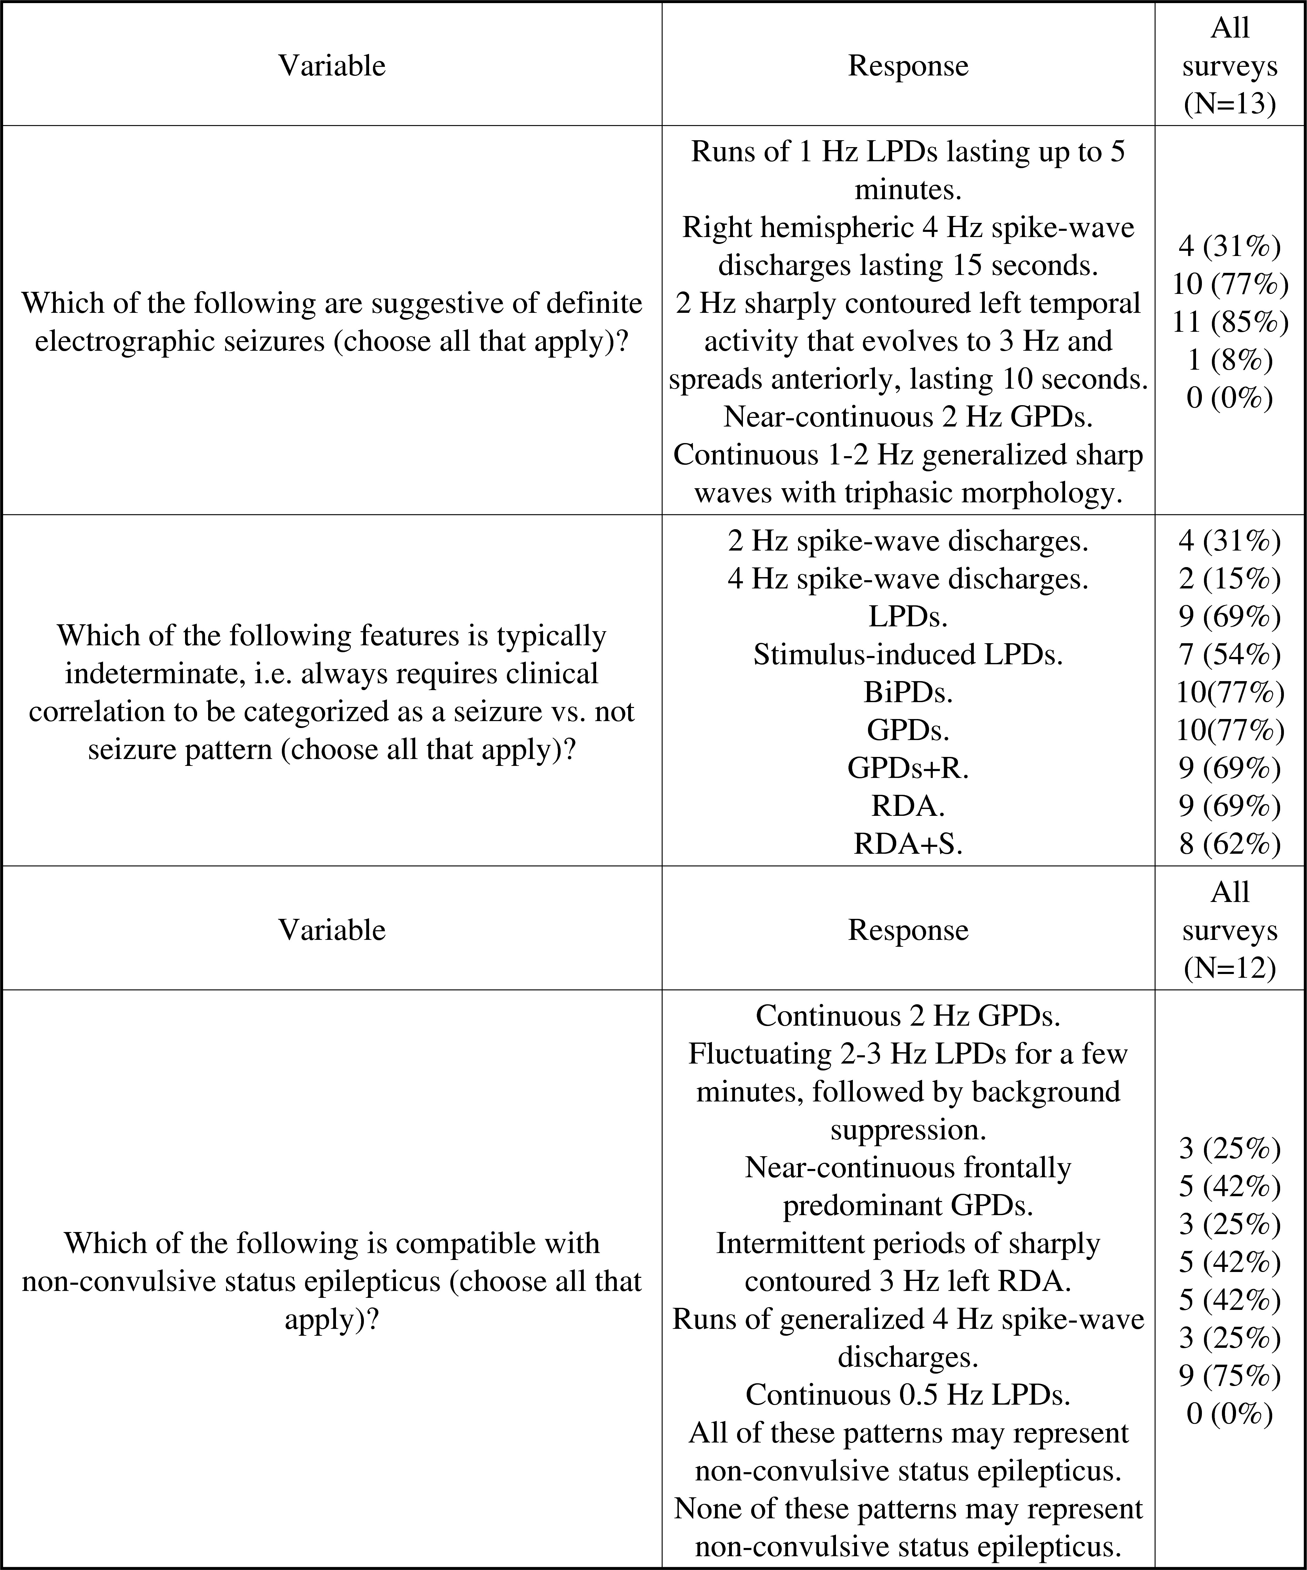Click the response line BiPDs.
pyautogui.click(x=908, y=692)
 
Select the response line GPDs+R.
pyautogui.click(x=908, y=768)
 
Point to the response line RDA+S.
pyautogui.click(x=908, y=843)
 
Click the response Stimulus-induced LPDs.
pyautogui.click(x=908, y=654)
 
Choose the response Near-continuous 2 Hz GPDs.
pyautogui.click(x=908, y=417)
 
